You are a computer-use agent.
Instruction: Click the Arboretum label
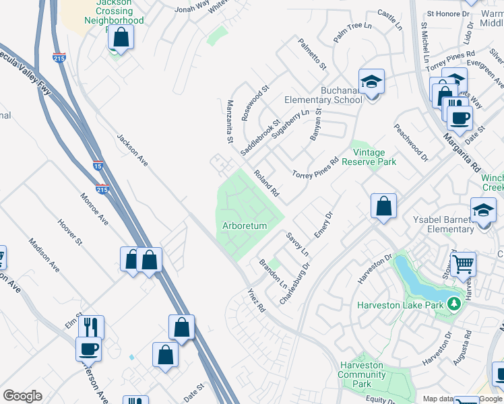click(x=245, y=226)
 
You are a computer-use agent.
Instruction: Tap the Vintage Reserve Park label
click(x=369, y=157)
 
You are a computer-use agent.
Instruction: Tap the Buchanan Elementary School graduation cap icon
click(x=371, y=81)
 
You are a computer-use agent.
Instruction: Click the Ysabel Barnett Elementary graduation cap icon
click(x=483, y=209)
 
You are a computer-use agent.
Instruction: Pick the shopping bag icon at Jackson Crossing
click(x=121, y=36)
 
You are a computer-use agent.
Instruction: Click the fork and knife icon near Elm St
click(x=91, y=327)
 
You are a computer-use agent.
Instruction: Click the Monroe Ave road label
click(x=94, y=209)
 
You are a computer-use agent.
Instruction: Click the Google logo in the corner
click(x=22, y=396)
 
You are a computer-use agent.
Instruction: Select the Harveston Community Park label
click(x=361, y=374)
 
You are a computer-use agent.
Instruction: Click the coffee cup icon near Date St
click(x=460, y=117)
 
